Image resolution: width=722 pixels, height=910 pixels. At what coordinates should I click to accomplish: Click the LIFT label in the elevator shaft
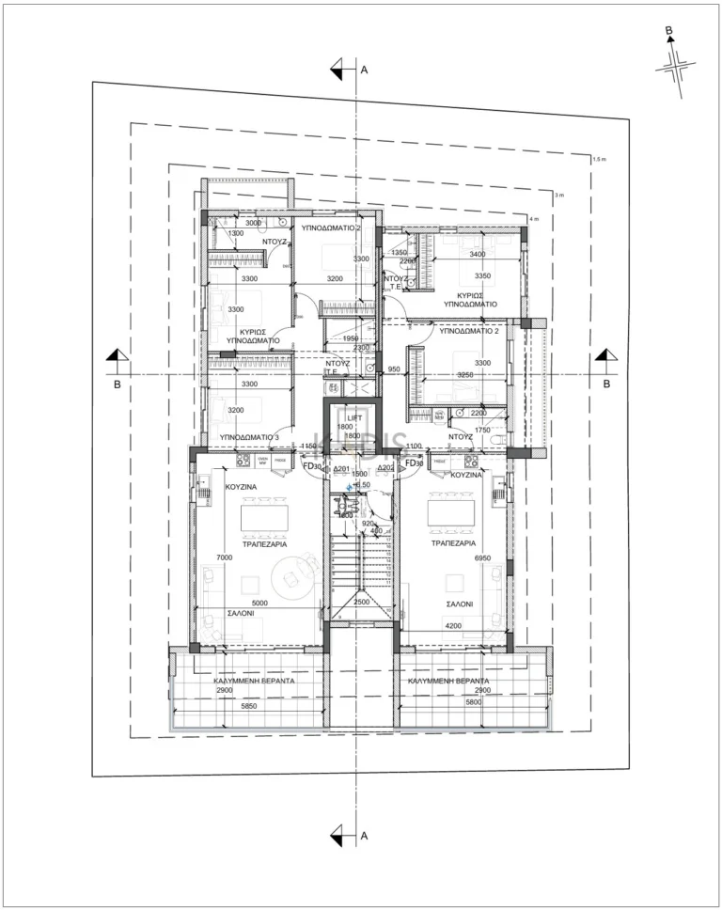click(x=354, y=416)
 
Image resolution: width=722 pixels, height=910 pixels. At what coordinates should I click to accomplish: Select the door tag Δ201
click(x=341, y=468)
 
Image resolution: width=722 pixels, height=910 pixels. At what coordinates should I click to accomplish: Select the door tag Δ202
click(x=385, y=468)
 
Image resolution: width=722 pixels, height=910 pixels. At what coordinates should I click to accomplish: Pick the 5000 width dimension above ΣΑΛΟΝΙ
click(x=259, y=604)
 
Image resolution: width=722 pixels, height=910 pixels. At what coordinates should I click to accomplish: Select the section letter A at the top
click(x=363, y=70)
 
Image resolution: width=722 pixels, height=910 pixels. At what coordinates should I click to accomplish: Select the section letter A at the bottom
click(x=363, y=834)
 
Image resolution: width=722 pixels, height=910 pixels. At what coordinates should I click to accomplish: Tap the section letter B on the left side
click(x=117, y=384)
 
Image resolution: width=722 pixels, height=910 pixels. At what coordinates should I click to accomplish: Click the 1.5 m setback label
click(x=599, y=160)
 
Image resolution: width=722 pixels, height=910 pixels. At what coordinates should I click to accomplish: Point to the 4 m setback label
click(x=535, y=219)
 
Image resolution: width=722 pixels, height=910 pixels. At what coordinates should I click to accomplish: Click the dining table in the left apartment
click(x=270, y=517)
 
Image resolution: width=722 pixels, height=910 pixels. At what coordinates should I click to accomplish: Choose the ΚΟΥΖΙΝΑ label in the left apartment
click(x=242, y=487)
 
